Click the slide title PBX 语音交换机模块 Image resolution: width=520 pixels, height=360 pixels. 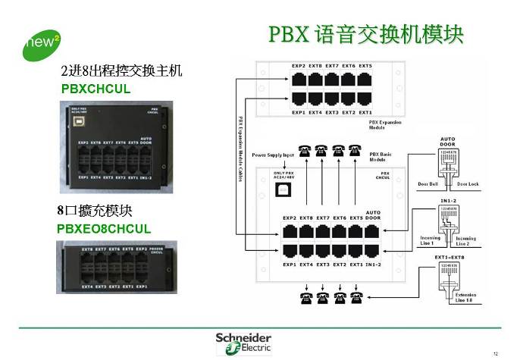pos(366,35)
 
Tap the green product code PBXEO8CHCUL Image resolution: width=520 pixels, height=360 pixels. pos(104,228)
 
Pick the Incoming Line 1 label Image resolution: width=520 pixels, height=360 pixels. pos(430,240)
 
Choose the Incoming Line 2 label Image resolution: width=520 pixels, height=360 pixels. pos(466,240)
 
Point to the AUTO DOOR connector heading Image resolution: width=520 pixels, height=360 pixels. pos(446,142)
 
